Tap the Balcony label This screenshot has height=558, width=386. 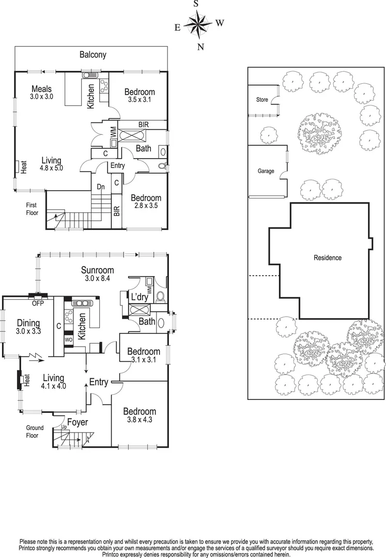tap(92, 54)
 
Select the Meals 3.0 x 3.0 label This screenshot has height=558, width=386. tap(41, 92)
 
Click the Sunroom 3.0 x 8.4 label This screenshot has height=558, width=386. tap(97, 274)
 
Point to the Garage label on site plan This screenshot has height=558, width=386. tap(266, 172)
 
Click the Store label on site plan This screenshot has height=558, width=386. tap(263, 100)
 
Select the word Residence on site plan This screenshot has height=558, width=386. tap(328, 257)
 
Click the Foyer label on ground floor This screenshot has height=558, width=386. tap(77, 422)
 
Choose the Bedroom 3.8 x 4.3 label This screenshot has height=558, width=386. tap(140, 415)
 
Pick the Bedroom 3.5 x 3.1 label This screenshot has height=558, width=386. tap(140, 96)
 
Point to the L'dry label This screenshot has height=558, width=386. tap(140, 298)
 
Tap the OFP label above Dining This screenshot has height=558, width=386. tap(38, 303)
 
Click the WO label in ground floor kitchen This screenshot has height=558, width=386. tap(68, 340)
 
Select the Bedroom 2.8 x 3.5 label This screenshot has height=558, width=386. tap(146, 202)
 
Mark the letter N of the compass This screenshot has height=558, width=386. tap(201, 47)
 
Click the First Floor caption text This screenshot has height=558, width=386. tap(32, 209)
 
